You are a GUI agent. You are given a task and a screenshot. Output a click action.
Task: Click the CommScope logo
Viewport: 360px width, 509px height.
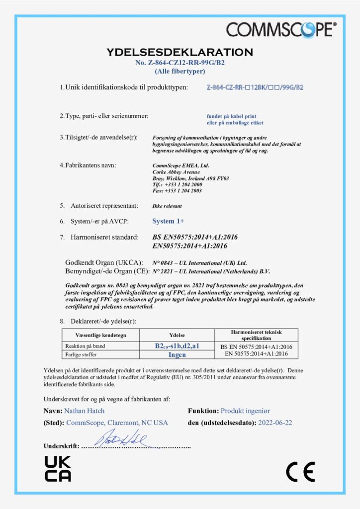pos(281,29)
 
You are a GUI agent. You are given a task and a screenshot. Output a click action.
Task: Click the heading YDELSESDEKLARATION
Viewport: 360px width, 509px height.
pos(180,52)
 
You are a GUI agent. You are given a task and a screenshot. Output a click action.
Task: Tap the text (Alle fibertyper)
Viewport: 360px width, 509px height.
pos(180,71)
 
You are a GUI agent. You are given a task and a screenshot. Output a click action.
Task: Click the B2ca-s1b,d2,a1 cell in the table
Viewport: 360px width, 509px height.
pos(177,346)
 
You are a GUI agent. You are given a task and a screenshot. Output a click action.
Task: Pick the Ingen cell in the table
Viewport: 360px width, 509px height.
pos(177,354)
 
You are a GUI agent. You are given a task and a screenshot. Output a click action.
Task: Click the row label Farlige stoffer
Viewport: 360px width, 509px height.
pos(81,354)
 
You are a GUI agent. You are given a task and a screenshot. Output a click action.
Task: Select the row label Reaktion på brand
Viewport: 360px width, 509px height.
pos(85,346)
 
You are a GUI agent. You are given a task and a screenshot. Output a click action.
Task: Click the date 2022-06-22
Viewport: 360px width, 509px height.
pos(275,423)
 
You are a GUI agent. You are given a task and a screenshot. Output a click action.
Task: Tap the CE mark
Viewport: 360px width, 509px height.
pos(300,471)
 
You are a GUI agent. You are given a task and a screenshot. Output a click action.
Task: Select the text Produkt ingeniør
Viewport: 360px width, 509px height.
pos(246,411)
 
